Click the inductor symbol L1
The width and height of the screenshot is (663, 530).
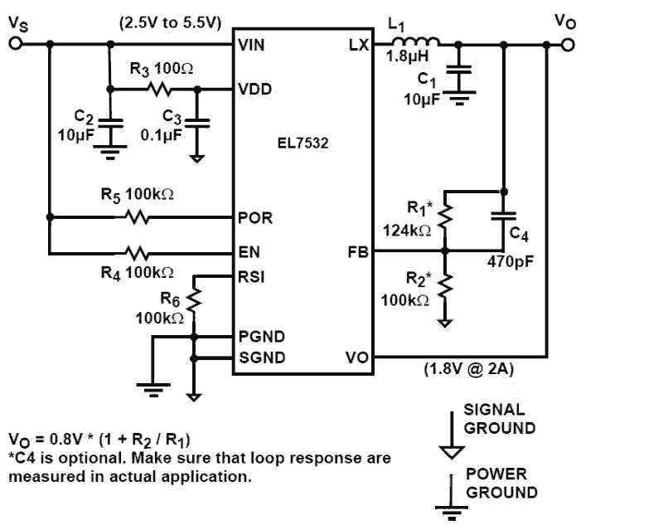[417, 42]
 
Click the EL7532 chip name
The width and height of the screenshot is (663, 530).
[302, 143]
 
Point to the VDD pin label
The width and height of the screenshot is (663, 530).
[253, 89]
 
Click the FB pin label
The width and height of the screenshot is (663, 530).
[357, 250]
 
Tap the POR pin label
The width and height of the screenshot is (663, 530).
[254, 218]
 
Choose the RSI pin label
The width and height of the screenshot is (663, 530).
[251, 278]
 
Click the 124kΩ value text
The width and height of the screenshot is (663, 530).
[406, 231]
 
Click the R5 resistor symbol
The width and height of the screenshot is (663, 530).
[137, 218]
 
